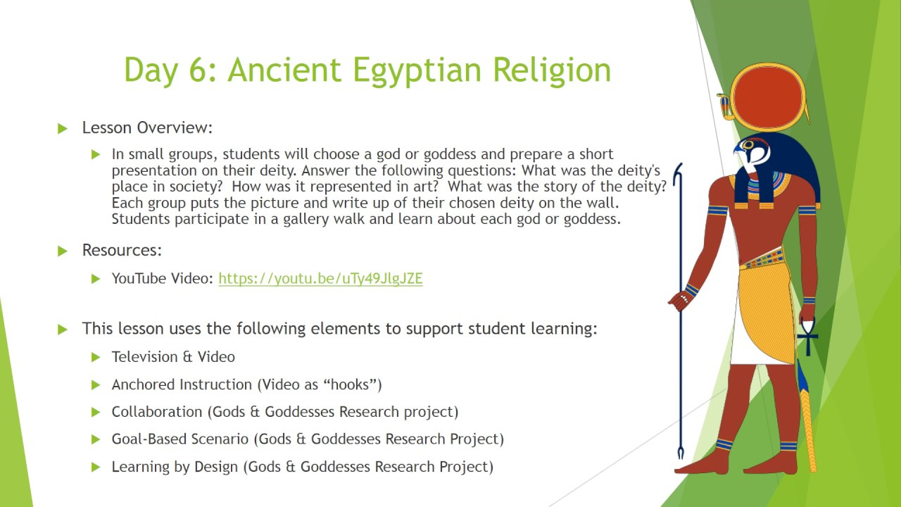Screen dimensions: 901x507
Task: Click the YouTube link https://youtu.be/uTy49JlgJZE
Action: point(320,278)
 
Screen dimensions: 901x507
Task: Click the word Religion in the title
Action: point(552,70)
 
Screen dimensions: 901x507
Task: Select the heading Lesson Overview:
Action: point(147,127)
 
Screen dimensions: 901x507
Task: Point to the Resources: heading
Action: point(122,250)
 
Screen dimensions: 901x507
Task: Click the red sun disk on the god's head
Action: point(767,97)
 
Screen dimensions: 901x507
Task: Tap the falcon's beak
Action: point(737,149)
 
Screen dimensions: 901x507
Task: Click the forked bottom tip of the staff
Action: point(681,453)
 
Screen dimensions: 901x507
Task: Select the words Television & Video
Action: point(173,357)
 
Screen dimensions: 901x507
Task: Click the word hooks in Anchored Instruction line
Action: point(350,384)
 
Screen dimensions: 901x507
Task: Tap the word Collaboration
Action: point(157,412)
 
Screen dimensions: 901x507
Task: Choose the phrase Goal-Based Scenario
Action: point(179,439)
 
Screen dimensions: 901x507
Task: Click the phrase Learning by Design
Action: point(175,467)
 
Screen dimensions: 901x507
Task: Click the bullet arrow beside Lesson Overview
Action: point(63,129)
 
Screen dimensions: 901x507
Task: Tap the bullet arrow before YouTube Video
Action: point(95,279)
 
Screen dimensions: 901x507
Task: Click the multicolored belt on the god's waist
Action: point(762,260)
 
